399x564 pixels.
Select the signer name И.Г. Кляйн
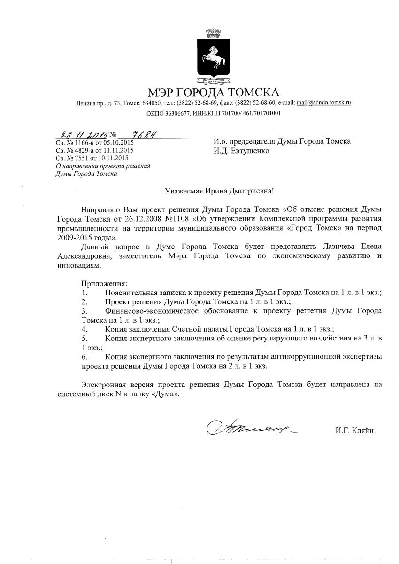pos(354,430)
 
